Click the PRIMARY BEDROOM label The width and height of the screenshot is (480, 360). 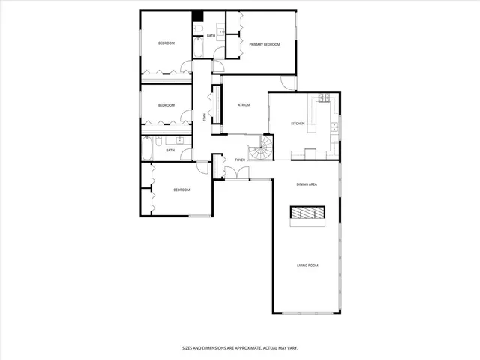(265, 45)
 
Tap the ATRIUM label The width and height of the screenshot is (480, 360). (243, 105)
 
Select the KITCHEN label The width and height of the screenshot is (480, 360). (298, 124)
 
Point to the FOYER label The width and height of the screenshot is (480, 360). (241, 160)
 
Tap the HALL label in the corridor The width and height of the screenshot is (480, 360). (203, 115)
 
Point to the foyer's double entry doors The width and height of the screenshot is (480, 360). (238, 174)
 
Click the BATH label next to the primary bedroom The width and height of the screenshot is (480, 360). (211, 36)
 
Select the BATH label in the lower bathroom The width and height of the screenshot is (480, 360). (170, 150)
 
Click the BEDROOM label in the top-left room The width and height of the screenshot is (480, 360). (166, 43)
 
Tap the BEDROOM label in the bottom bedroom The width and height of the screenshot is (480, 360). (181, 190)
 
